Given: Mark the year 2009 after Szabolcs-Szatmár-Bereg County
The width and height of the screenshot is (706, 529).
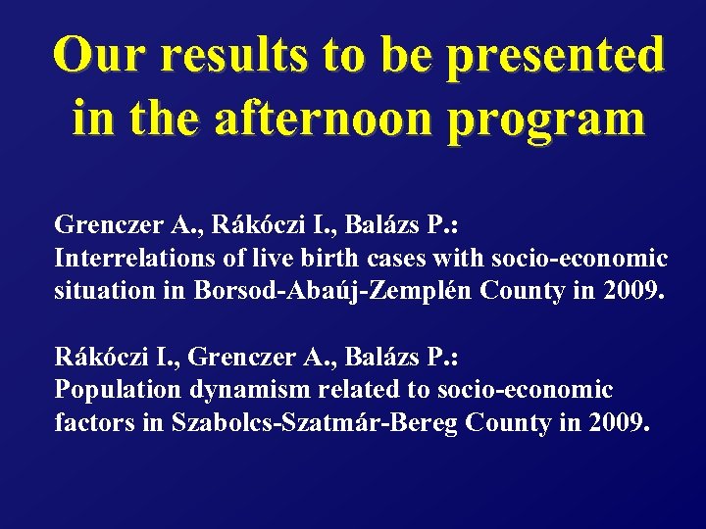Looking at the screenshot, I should [617, 423].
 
